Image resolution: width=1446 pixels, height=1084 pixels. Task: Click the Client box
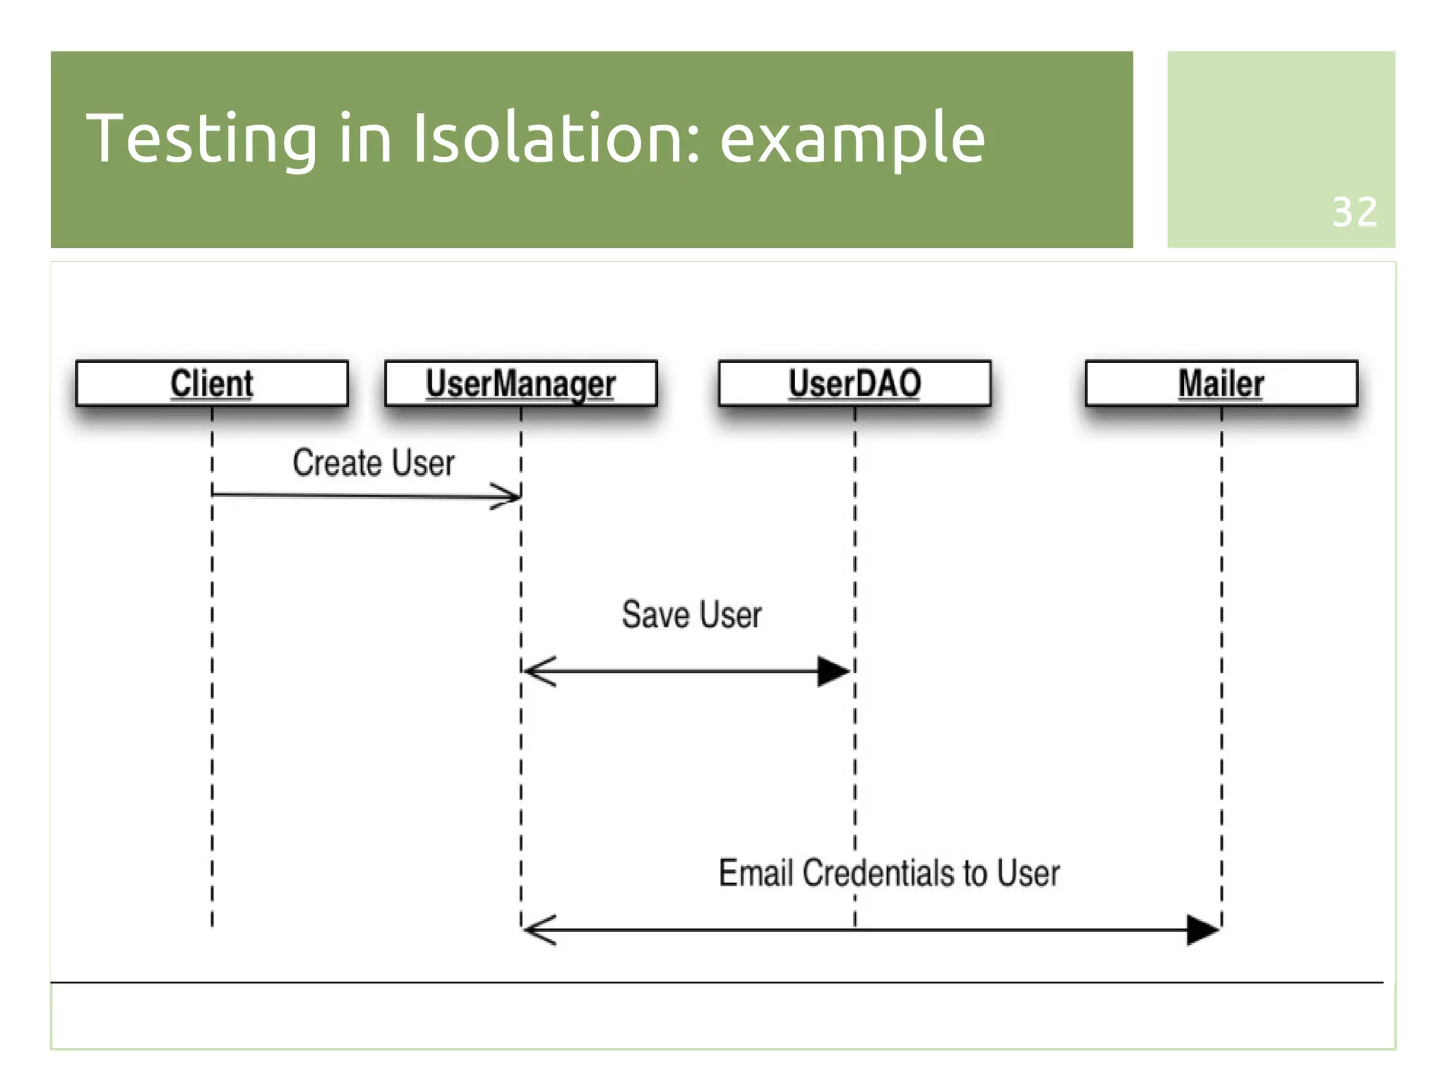tap(212, 383)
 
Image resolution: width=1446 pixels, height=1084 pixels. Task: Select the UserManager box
tap(520, 383)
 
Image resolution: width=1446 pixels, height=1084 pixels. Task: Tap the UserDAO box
tap(854, 383)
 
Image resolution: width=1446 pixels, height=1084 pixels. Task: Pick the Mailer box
tap(1221, 383)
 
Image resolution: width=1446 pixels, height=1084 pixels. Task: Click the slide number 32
tap(1354, 212)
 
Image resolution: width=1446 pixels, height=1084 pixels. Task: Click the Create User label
tap(374, 463)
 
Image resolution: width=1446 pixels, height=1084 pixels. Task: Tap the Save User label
tap(691, 614)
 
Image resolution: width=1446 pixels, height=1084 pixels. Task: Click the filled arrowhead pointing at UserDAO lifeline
tap(833, 671)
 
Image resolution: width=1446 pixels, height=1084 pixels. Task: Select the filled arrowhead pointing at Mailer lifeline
tap(1202, 929)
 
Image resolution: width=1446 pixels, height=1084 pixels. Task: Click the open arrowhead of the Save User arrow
tap(539, 671)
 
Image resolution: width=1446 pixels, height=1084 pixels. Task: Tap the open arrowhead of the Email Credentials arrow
tap(539, 929)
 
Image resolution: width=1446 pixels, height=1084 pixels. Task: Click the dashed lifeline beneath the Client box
tap(212, 706)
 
